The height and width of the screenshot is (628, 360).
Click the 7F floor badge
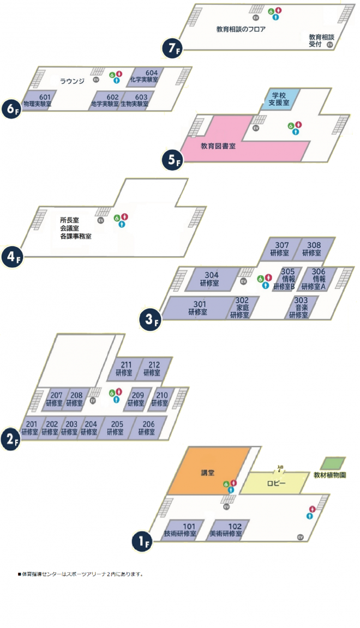click(171, 49)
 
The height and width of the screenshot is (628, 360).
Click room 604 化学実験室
click(145, 76)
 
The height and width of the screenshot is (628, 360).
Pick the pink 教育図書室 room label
click(218, 146)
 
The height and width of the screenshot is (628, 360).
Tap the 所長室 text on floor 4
click(70, 221)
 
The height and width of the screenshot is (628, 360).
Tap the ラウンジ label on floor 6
click(72, 81)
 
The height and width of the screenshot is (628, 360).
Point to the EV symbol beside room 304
click(243, 281)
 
